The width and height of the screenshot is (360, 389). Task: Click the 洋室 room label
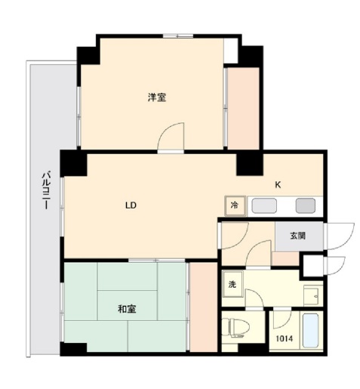(157, 97)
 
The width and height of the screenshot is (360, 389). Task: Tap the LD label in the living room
(131, 205)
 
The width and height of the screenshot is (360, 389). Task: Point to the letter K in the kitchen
(278, 185)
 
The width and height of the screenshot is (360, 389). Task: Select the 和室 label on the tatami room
(127, 309)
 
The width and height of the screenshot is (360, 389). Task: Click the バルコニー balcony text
(46, 190)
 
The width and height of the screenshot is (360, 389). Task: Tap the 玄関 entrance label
(298, 236)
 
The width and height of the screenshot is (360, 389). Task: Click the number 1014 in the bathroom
(285, 338)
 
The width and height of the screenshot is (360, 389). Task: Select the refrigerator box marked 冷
(235, 205)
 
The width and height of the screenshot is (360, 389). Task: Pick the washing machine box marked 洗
(232, 284)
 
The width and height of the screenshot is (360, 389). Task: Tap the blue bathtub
(310, 330)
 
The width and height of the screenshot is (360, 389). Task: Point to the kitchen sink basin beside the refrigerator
(264, 205)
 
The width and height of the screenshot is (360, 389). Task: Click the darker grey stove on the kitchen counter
(306, 205)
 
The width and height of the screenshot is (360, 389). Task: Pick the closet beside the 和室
(203, 307)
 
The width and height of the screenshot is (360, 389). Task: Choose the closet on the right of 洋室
(243, 108)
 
